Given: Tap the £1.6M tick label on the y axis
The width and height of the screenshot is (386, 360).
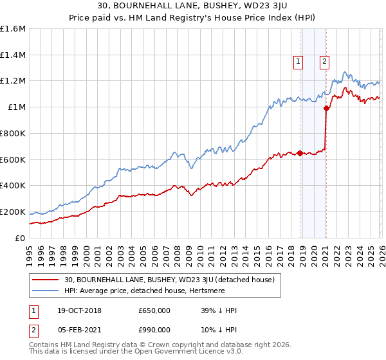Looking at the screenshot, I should coord(13,29).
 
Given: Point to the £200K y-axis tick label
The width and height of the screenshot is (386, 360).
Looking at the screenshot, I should coord(13,212).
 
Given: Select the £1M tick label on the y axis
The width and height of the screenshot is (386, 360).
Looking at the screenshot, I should coord(17,107).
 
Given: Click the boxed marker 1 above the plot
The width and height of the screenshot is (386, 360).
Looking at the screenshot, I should coord(299,62).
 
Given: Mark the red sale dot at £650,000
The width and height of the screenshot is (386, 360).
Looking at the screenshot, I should coord(300,153).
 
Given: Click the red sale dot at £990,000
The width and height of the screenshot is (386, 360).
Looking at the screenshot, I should coord(326,109).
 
